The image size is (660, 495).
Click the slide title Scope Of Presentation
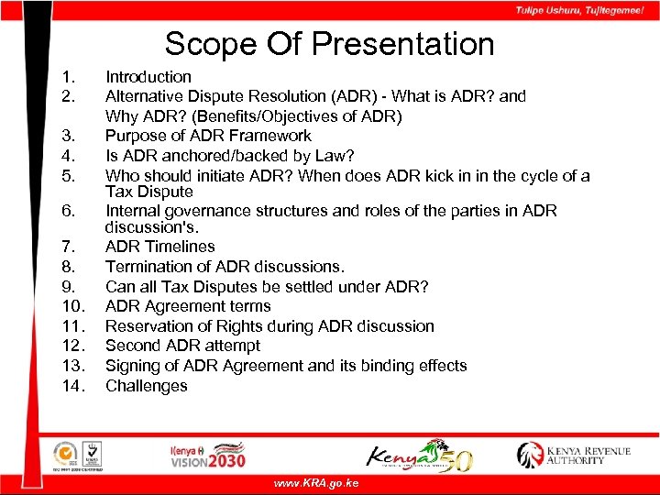tap(329, 43)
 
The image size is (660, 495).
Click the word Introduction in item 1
tap(148, 77)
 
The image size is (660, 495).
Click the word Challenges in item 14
tap(147, 386)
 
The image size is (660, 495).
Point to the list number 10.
tap(71, 306)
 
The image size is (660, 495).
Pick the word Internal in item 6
tap(134, 211)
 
